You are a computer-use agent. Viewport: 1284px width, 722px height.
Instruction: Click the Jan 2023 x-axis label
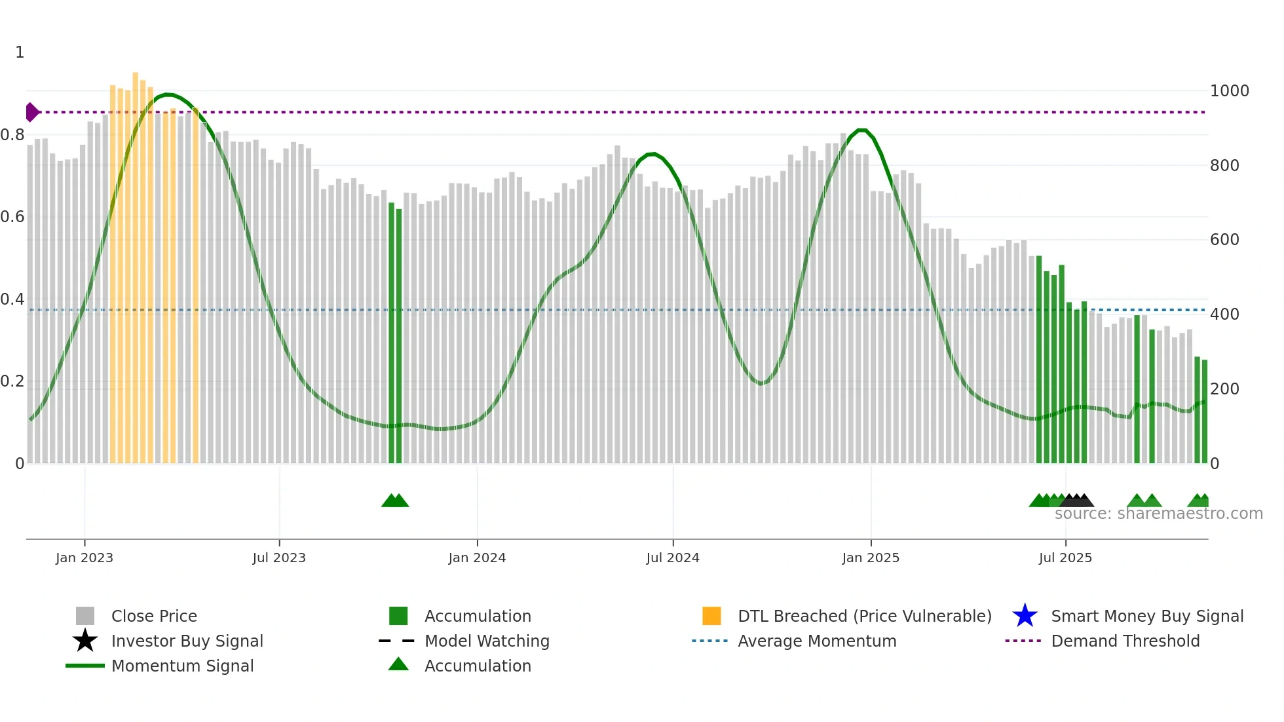pyautogui.click(x=85, y=558)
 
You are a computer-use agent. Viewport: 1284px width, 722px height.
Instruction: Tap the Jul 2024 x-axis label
pyautogui.click(x=673, y=558)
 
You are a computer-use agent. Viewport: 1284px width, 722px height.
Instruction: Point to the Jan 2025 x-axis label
pyautogui.click(x=871, y=558)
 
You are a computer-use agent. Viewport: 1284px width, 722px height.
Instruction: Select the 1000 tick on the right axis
pyautogui.click(x=1229, y=91)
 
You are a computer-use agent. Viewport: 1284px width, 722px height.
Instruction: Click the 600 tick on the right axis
pyautogui.click(x=1224, y=240)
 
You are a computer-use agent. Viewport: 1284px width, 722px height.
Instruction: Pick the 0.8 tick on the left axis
pyautogui.click(x=12, y=135)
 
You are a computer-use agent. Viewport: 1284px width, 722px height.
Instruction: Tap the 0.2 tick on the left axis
pyautogui.click(x=12, y=381)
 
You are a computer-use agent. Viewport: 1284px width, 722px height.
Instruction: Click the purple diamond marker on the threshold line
pyautogui.click(x=31, y=112)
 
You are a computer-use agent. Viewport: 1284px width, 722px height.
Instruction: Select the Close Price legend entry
pyautogui.click(x=154, y=616)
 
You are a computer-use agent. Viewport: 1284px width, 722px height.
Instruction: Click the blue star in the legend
pyautogui.click(x=1025, y=616)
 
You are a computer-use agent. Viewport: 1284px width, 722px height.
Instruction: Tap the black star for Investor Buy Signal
pyautogui.click(x=85, y=641)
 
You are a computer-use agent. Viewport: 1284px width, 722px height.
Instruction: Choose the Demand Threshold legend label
pyautogui.click(x=1125, y=641)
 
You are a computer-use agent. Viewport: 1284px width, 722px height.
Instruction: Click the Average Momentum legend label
pyautogui.click(x=817, y=641)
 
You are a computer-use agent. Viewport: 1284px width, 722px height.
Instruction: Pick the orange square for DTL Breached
pyautogui.click(x=711, y=616)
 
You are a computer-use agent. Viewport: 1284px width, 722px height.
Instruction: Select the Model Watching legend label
pyautogui.click(x=487, y=641)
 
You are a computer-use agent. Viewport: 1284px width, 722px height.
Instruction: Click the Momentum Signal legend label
pyautogui.click(x=182, y=666)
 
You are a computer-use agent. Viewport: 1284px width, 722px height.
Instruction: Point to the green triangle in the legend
pyautogui.click(x=398, y=664)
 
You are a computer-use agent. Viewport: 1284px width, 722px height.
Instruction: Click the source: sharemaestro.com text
pyautogui.click(x=1158, y=514)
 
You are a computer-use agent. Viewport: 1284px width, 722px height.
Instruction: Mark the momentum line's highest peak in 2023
pyautogui.click(x=168, y=94)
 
